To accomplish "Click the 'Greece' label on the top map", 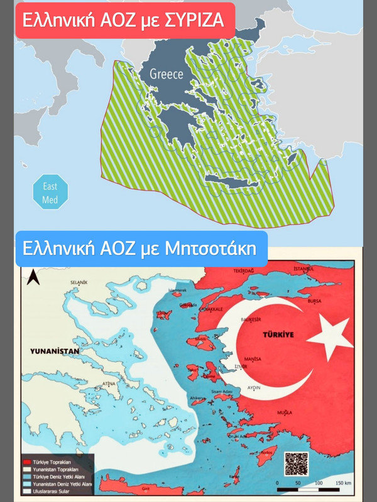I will [x=166, y=74].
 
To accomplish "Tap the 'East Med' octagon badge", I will [x=50, y=192].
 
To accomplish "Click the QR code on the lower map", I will [x=296, y=464].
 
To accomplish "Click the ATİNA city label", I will [x=109, y=383].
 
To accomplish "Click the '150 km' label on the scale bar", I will [x=342, y=483].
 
